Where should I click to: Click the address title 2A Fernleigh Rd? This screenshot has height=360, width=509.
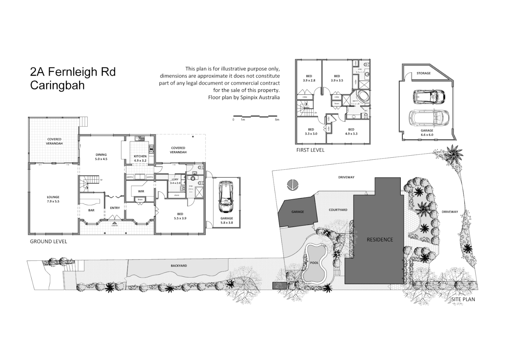point(73,72)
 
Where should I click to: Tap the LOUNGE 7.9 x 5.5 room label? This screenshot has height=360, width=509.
point(53,199)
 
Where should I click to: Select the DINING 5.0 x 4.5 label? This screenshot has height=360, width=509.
point(101,157)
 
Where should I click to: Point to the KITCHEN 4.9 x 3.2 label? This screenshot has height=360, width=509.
point(140,158)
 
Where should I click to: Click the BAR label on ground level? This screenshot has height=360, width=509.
point(91,210)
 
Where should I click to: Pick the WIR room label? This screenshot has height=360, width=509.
point(141,191)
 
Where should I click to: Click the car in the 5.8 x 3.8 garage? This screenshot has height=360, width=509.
point(226,197)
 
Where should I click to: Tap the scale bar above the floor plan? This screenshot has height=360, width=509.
point(256,116)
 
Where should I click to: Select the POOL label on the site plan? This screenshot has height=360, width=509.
point(314,263)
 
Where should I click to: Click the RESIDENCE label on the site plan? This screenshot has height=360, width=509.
point(380,239)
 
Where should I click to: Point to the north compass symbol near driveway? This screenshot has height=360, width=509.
point(292,184)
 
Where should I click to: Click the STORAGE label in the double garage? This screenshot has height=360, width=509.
point(423,73)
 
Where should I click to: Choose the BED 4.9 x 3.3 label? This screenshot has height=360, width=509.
point(351,131)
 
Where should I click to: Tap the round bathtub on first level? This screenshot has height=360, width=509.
point(362,97)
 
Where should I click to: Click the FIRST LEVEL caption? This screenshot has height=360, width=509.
point(310,150)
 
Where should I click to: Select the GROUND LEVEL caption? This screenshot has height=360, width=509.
point(48,241)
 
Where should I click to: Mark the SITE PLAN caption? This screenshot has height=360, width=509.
point(463,299)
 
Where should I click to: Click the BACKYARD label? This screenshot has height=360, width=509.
point(179,266)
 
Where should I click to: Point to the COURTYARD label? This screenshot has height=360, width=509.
point(338,210)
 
